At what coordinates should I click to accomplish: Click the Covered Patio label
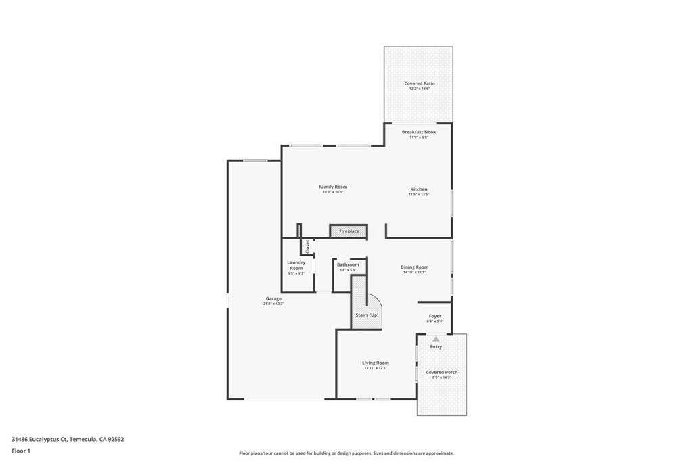[419, 83]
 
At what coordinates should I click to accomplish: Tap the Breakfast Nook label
[418, 132]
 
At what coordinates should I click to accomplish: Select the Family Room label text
[333, 187]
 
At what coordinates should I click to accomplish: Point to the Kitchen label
[418, 189]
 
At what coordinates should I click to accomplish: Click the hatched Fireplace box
[349, 231]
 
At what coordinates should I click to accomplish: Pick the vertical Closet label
[307, 246]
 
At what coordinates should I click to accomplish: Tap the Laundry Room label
[296, 265]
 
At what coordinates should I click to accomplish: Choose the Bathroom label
[348, 264]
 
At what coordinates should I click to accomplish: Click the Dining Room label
[414, 267]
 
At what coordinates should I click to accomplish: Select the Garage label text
[273, 298]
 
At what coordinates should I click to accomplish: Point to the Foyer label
[434, 316]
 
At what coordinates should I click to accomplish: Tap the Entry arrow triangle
[436, 339]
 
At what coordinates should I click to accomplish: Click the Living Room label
[375, 363]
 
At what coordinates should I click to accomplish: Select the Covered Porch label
[441, 372]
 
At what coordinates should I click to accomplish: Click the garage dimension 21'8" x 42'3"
[273, 304]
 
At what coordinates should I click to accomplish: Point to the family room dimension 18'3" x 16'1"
[333, 192]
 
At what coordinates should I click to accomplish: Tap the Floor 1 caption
[21, 451]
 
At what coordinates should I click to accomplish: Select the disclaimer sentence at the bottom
[346, 453]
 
